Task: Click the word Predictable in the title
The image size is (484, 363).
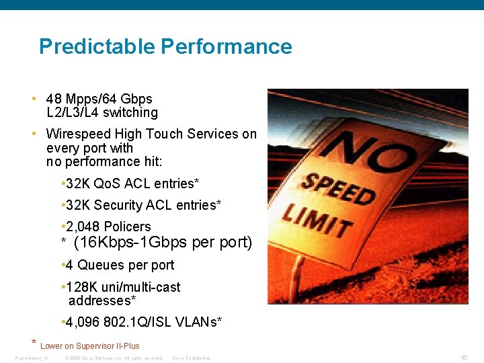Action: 97,46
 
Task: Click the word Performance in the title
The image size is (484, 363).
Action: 227,46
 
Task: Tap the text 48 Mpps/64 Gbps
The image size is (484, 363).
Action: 99,99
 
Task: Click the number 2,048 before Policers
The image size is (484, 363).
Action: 83,227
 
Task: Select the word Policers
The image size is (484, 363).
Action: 127,227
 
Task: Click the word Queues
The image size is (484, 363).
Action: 100,265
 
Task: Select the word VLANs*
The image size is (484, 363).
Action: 199,322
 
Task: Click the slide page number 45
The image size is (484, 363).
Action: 464,357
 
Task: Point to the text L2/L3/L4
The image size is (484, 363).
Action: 73,112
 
